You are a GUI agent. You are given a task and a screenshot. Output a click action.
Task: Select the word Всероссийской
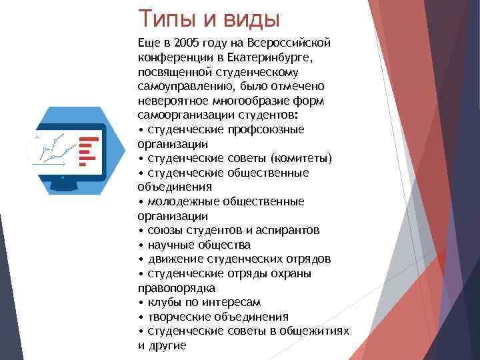pyautogui.click(x=293, y=43)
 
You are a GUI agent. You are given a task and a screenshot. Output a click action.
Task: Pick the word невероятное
pyautogui.click(x=170, y=101)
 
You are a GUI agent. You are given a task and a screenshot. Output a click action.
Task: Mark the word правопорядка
pyautogui.click(x=176, y=288)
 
